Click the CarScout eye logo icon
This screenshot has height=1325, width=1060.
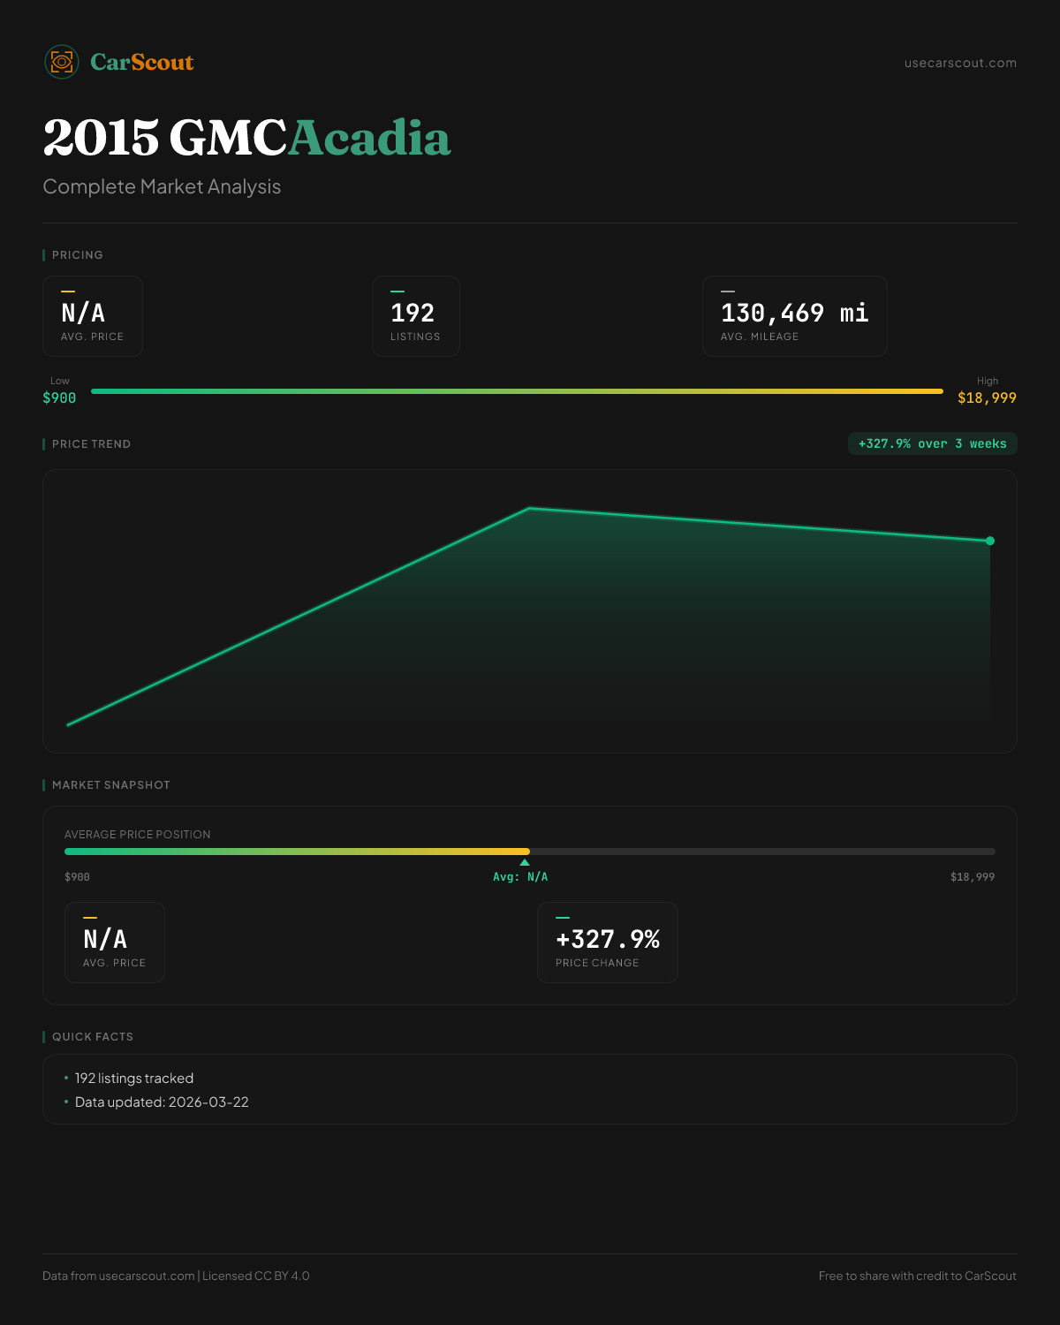click(62, 62)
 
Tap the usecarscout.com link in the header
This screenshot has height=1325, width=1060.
click(960, 63)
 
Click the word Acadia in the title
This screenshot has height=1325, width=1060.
click(369, 138)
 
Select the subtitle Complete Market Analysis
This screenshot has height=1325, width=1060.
click(162, 186)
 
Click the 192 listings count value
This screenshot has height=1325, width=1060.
click(413, 313)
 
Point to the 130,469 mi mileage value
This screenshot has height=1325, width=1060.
click(794, 313)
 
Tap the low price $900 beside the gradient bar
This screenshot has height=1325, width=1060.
click(59, 397)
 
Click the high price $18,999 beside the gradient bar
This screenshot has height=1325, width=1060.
click(987, 397)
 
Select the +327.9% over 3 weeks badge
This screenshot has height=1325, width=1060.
click(932, 443)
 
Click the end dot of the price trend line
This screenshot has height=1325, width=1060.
click(990, 541)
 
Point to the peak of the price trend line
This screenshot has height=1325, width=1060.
click(529, 508)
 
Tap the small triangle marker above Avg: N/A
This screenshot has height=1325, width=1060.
click(525, 862)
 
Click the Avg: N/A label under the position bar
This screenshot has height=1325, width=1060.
click(520, 877)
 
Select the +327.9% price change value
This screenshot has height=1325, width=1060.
click(608, 939)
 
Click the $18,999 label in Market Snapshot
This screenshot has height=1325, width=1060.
click(972, 877)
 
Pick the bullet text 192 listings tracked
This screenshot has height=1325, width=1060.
click(134, 1078)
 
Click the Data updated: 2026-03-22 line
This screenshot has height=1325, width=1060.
click(162, 1102)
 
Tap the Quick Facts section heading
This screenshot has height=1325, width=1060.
click(93, 1036)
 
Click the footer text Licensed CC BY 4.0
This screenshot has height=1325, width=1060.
click(256, 1276)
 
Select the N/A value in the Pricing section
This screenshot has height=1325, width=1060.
click(83, 313)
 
